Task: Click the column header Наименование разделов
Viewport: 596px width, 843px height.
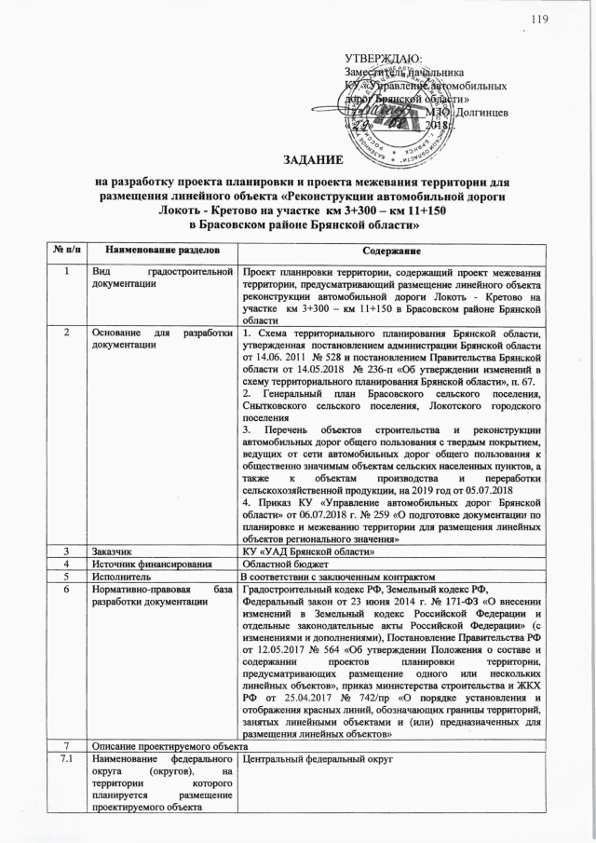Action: pyautogui.click(x=163, y=252)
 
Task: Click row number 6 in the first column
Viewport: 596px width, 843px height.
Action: pyautogui.click(x=65, y=593)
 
